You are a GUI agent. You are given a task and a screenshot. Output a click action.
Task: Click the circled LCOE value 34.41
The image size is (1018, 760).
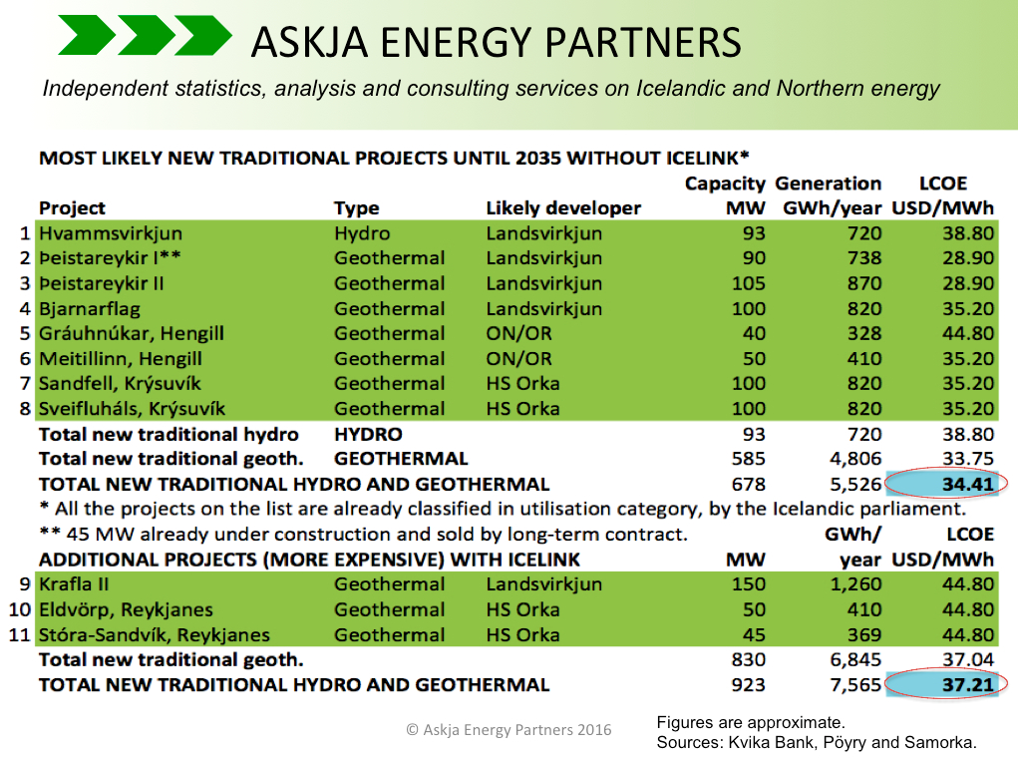click(x=968, y=484)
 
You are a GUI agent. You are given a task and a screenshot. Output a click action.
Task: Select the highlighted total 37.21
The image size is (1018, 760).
click(x=968, y=684)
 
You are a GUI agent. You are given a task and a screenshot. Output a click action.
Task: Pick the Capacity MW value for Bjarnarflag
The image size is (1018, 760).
click(x=749, y=308)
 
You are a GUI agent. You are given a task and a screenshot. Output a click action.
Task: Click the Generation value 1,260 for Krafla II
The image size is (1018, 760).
click(x=855, y=584)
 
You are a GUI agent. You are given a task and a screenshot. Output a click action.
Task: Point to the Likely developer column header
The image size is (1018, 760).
click(x=563, y=207)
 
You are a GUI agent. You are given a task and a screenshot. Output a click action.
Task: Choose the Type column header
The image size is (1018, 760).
click(x=356, y=208)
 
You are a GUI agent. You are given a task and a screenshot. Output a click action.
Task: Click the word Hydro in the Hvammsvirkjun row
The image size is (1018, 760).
click(x=362, y=233)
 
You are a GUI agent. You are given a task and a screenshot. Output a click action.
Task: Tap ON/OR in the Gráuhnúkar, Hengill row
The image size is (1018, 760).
click(x=518, y=333)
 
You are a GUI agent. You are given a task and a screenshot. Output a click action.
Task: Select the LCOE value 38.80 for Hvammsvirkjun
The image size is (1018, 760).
click(x=968, y=233)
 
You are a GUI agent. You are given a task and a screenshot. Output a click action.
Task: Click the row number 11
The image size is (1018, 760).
click(x=20, y=634)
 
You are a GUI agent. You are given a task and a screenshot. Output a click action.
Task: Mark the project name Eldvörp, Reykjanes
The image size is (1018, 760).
click(x=126, y=610)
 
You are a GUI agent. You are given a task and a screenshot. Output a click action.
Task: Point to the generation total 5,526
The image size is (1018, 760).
click(x=855, y=484)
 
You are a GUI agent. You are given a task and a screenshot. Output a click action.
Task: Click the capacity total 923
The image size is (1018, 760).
click(x=749, y=684)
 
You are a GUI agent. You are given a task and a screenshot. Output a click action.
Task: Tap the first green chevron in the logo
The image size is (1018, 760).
click(x=87, y=35)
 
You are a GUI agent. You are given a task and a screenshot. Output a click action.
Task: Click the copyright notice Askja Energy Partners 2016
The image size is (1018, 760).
click(x=509, y=729)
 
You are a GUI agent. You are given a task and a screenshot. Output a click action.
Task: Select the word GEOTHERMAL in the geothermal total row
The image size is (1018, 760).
click(x=401, y=459)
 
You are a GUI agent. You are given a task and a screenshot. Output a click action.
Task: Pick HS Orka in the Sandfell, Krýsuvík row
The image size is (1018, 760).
click(x=522, y=383)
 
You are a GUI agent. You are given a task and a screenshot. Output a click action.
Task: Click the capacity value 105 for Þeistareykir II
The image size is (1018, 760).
click(x=749, y=283)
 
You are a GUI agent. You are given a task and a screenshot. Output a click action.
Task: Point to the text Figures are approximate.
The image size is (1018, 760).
click(x=751, y=722)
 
